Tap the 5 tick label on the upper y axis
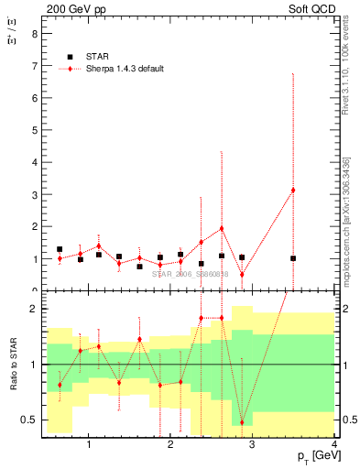[x=34, y=130]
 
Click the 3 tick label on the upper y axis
[x=34, y=194]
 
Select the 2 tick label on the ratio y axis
[x=34, y=310]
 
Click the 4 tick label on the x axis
[x=334, y=445]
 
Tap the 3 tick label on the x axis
[x=252, y=445]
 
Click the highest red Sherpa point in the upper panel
[x=293, y=190]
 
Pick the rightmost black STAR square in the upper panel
[x=293, y=258]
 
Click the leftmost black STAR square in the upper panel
[x=60, y=249]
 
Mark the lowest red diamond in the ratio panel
[x=242, y=422]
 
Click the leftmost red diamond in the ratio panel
[x=60, y=385]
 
